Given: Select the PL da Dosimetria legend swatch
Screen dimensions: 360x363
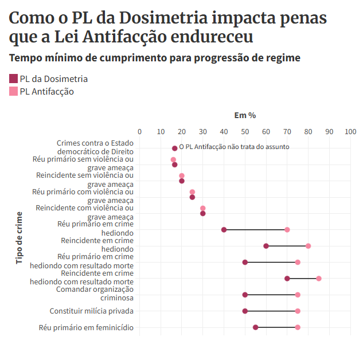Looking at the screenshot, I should [x=14, y=79].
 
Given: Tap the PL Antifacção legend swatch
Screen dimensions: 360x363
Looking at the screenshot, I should [x=14, y=91].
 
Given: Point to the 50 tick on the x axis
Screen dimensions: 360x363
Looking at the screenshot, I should [x=245, y=132].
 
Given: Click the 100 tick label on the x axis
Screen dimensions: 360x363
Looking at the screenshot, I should [x=350, y=132].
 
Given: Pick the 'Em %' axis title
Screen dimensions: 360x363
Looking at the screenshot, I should [x=245, y=115].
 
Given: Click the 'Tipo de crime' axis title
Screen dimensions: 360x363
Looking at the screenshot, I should [x=19, y=237].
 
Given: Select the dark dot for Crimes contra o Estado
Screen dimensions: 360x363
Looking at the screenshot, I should [x=175, y=148].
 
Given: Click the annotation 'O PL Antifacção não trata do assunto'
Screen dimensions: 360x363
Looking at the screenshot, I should [x=234, y=147].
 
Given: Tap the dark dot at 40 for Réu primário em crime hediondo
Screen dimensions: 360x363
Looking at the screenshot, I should [x=224, y=230].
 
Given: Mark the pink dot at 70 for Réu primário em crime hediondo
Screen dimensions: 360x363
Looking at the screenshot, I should [x=287, y=230].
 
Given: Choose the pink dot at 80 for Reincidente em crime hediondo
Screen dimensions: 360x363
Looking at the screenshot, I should [x=308, y=246].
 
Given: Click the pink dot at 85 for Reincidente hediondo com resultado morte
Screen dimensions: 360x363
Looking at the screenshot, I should [x=319, y=279].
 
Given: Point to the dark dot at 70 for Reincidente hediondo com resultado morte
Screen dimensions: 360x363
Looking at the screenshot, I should [x=287, y=279].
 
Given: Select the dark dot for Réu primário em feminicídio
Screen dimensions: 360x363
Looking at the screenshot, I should [x=256, y=327].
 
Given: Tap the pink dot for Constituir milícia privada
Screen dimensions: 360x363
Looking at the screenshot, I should [x=298, y=311].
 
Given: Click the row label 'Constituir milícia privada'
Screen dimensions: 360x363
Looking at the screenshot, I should [x=92, y=311].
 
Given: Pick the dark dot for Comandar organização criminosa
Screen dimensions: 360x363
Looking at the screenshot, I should [x=245, y=295].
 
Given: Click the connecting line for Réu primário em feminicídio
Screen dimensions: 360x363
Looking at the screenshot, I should [x=276, y=327].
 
